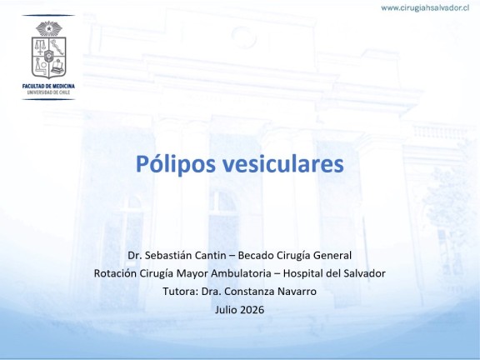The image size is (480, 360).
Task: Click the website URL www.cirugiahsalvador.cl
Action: tap(425, 8)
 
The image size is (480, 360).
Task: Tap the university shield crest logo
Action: tap(48, 57)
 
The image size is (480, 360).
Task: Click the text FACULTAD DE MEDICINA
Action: tap(48, 87)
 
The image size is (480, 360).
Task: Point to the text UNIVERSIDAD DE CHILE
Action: tap(48, 92)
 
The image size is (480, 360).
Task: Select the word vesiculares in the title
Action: tap(282, 164)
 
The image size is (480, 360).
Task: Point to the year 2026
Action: tap(252, 309)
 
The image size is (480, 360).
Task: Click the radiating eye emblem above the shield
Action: tap(49, 28)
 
